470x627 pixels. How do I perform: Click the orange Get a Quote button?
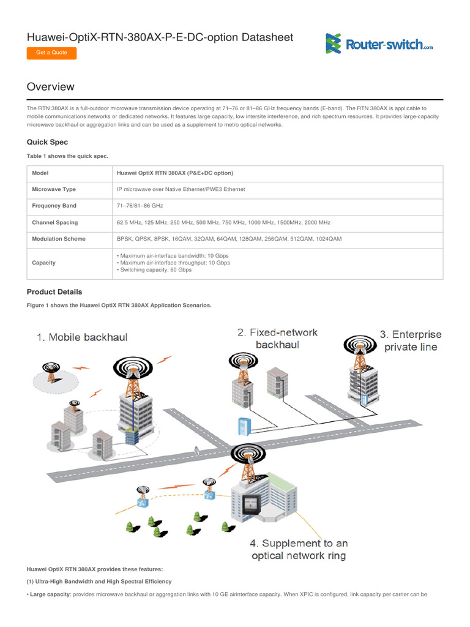click(x=51, y=53)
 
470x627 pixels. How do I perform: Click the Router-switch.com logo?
click(x=379, y=43)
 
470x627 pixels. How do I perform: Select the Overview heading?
click(x=51, y=87)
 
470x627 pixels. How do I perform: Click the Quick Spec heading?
click(x=47, y=142)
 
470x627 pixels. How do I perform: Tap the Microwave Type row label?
click(x=54, y=190)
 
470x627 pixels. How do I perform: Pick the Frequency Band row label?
click(x=54, y=206)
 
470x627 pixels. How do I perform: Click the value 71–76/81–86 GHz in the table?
click(x=140, y=206)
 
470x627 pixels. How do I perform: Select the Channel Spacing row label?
click(x=54, y=223)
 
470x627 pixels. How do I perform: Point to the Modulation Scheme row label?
click(x=58, y=239)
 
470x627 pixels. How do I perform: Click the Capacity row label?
click(x=43, y=263)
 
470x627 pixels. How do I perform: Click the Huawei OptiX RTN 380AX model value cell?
click(x=175, y=173)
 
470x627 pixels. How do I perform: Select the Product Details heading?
click(x=54, y=292)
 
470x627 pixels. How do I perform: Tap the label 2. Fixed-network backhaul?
click(x=278, y=338)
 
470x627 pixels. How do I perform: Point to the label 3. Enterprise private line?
click(x=410, y=341)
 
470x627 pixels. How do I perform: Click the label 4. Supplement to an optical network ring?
click(x=299, y=549)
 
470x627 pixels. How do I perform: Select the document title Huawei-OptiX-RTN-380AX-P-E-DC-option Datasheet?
click(x=160, y=37)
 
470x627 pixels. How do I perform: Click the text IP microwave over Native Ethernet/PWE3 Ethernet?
click(x=181, y=190)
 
